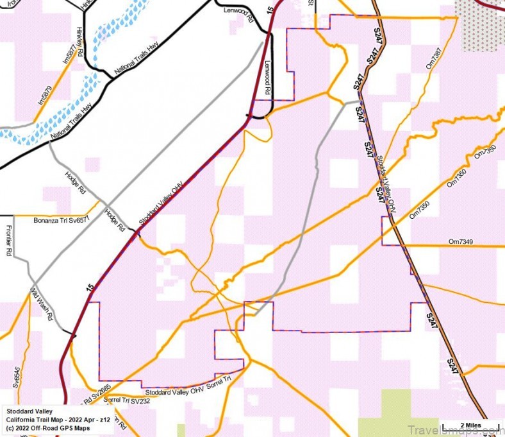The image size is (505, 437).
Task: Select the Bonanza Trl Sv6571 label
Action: coord(60,219)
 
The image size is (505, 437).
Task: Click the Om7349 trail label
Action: coord(461,241)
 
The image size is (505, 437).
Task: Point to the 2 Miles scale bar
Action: coord(471,425)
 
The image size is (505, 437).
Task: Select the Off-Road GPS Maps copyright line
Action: coord(45,427)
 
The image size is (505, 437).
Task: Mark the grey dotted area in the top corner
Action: coord(481,26)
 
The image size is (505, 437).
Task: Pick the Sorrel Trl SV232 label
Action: coord(126,400)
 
